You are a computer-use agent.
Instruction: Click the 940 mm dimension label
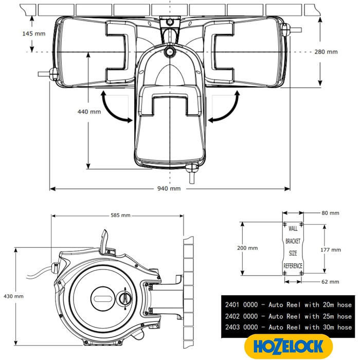[x=169, y=189]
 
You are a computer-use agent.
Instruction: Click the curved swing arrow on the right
[x=226, y=108]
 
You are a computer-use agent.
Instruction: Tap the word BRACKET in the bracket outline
[x=293, y=241]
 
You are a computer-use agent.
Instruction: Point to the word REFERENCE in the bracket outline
[x=293, y=265]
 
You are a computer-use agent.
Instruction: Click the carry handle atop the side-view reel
[x=105, y=242]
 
